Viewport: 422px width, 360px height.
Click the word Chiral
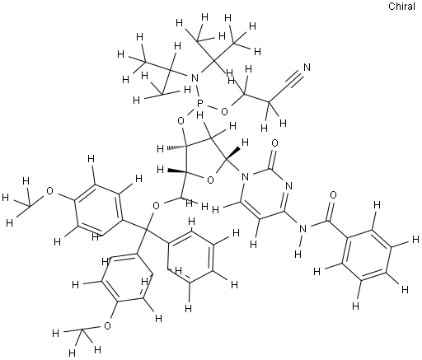click(401, 7)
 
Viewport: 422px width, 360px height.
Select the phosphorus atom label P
click(201, 104)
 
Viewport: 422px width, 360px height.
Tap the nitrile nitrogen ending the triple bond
click(307, 68)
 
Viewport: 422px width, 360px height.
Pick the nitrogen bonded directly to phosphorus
click(195, 78)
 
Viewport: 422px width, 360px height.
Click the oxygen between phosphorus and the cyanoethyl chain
click(224, 112)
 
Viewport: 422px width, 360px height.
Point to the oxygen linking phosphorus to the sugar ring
click(181, 120)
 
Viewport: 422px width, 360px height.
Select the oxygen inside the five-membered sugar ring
click(210, 180)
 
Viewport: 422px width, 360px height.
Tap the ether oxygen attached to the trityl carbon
click(156, 205)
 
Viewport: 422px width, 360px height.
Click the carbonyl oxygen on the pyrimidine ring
click(275, 143)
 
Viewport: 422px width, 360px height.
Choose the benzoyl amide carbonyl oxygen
click(333, 195)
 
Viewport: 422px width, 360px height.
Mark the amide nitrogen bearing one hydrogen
click(302, 228)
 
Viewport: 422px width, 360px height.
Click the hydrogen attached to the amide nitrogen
click(298, 254)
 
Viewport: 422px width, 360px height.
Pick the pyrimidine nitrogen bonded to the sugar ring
click(246, 176)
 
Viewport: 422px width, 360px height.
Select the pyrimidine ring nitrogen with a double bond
click(288, 186)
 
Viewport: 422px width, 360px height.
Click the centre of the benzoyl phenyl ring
click(367, 255)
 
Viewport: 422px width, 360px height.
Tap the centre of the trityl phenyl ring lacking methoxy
click(191, 257)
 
